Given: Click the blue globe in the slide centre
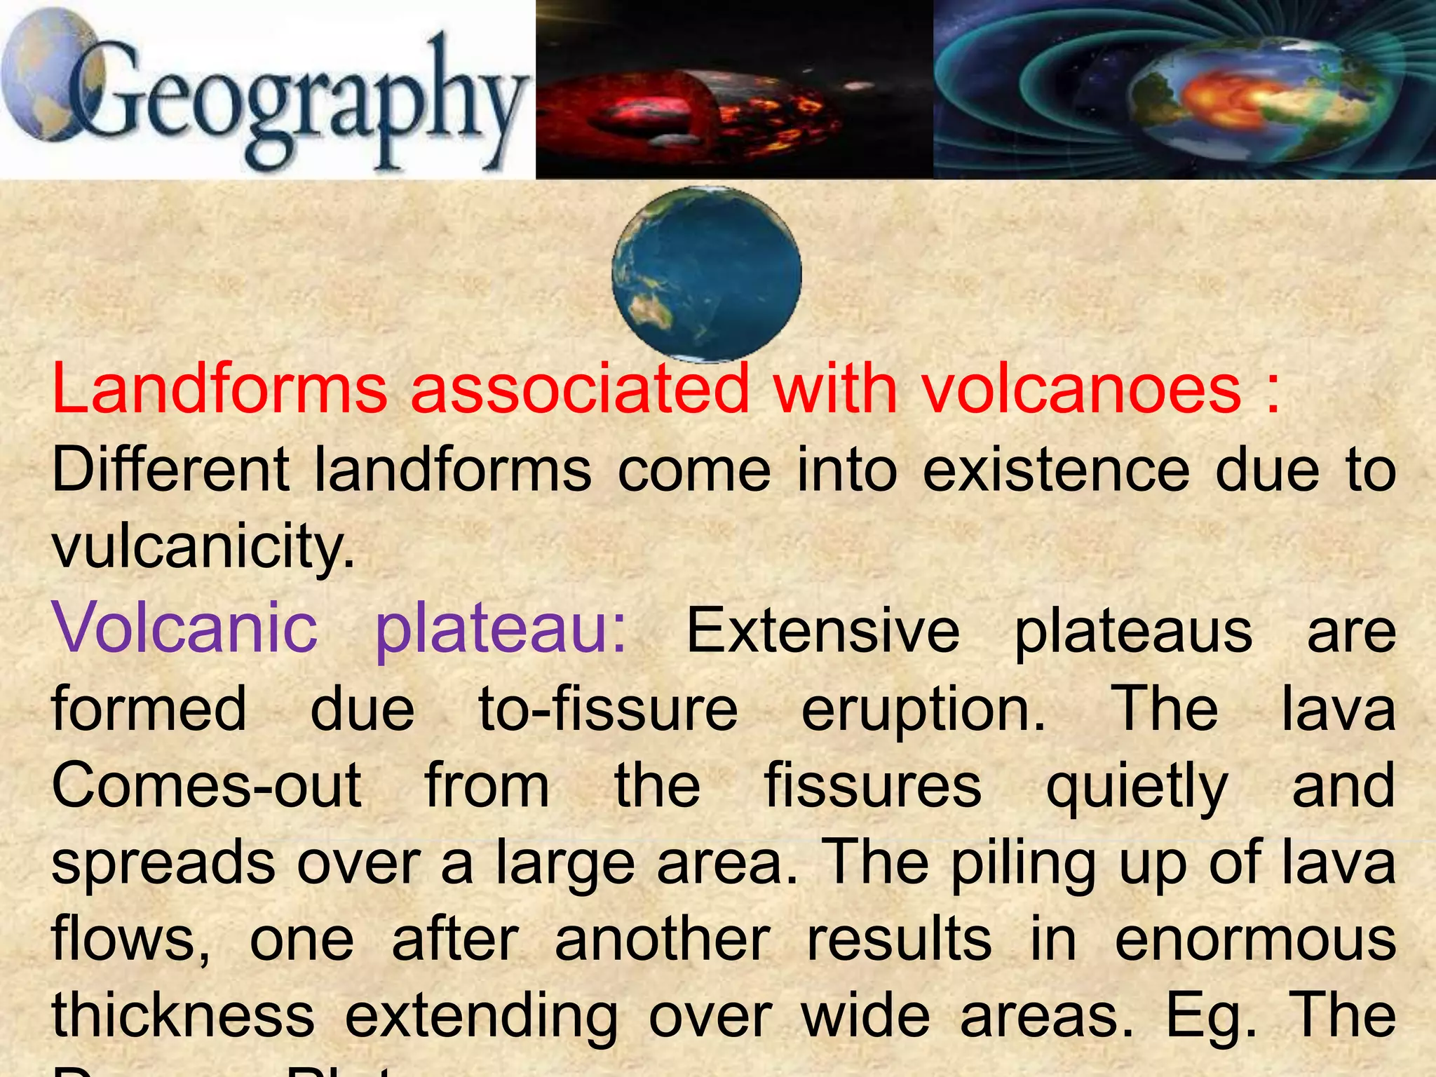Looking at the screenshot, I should [x=707, y=273].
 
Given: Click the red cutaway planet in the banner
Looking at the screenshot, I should [x=691, y=112].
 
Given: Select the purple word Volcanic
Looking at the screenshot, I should [x=185, y=628].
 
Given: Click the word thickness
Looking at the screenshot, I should [x=183, y=1017].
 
